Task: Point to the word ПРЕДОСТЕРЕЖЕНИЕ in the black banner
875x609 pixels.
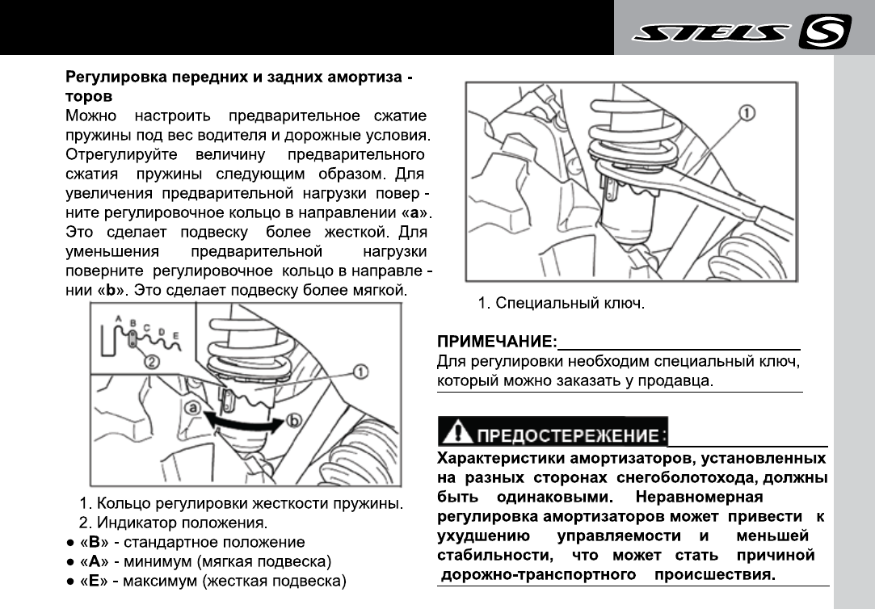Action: (567, 436)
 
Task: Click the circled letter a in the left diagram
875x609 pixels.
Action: (192, 409)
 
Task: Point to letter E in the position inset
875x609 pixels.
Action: (175, 334)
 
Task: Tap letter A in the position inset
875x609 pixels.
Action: (119, 319)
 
